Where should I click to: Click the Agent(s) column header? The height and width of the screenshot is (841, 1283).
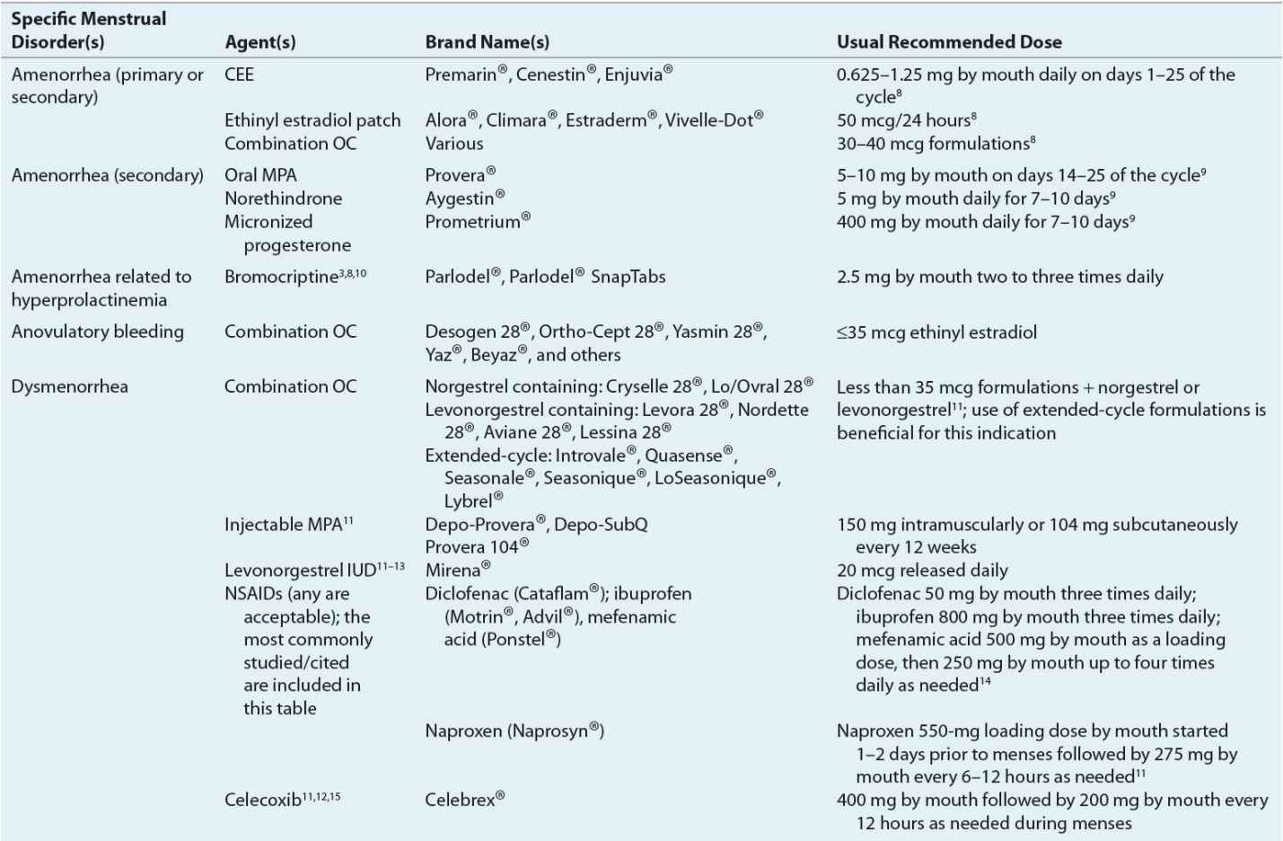pos(259,42)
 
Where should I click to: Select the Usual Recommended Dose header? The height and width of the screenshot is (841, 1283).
pos(949,42)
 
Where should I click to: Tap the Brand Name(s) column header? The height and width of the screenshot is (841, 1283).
pos(487,42)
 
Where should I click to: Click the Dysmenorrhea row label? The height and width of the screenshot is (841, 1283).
pos(69,387)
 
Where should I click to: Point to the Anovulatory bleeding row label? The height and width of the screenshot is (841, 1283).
pos(97,332)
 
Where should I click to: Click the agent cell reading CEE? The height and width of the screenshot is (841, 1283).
pos(239,75)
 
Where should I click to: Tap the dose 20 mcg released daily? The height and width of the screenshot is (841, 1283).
pos(922,570)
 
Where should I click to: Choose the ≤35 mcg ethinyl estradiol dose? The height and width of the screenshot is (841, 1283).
pos(936,332)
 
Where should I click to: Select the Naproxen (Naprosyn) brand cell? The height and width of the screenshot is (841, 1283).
pos(514,730)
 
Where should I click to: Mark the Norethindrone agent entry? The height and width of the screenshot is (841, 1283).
pos(283,199)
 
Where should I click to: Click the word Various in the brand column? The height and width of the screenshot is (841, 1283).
pos(453,144)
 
